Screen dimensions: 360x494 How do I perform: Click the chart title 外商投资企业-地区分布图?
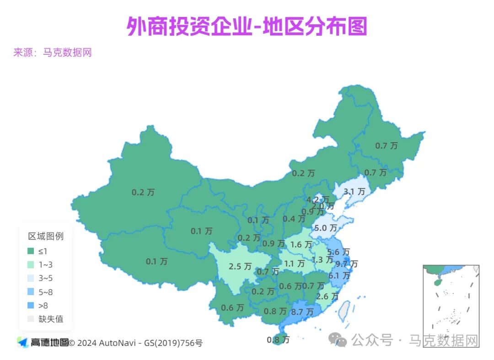tap(247, 27)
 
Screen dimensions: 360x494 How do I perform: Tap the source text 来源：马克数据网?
tap(53, 53)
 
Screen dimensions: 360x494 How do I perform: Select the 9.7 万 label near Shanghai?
tap(346, 264)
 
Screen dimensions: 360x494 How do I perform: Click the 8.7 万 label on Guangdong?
tap(302, 312)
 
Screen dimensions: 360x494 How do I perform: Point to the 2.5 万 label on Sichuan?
tap(240, 266)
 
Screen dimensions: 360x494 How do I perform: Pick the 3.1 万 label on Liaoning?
tap(354, 192)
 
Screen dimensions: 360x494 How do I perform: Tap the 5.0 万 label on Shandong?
tap(326, 227)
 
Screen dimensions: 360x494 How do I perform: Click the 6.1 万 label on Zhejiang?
tap(339, 276)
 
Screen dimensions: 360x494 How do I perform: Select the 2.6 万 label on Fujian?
tap(327, 296)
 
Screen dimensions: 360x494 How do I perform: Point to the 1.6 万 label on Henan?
tap(302, 245)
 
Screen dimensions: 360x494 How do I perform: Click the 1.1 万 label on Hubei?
tap(294, 263)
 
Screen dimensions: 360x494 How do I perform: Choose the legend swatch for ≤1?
tap(31, 251)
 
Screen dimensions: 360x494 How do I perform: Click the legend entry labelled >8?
tap(43, 306)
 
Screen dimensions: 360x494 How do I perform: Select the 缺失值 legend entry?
tap(51, 319)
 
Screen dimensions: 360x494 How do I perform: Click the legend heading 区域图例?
tap(46, 236)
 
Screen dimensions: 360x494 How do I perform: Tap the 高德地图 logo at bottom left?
tap(43, 342)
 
